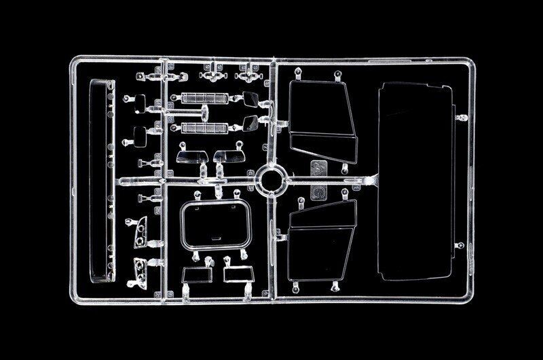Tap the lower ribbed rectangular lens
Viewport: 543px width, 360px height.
(x=203, y=126)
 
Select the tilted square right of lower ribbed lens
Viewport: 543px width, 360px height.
(x=249, y=125)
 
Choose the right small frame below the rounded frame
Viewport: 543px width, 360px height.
(x=237, y=274)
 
